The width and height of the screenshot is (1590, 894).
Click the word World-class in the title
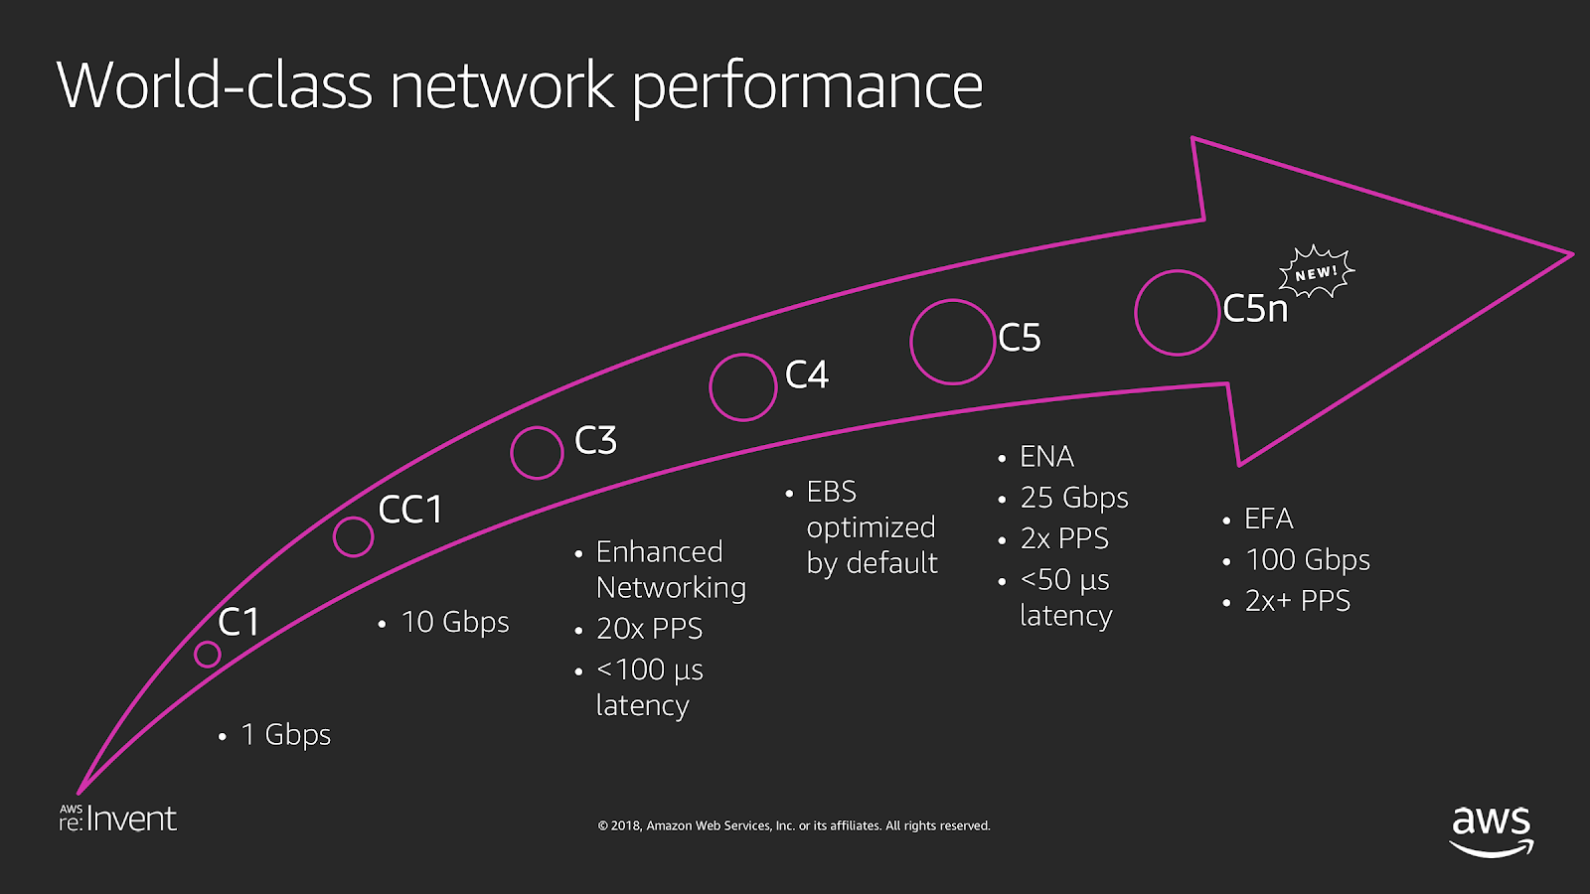point(214,85)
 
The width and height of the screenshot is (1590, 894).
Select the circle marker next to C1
point(208,654)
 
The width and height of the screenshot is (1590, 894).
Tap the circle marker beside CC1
point(353,536)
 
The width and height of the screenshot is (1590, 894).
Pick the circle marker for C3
point(537,453)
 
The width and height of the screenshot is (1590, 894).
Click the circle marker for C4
point(742,387)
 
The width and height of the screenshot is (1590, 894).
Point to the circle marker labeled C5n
point(1178,313)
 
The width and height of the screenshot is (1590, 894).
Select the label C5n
point(1255,309)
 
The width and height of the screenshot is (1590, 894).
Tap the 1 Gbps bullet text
point(285,735)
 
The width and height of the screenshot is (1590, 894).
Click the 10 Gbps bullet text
point(455,623)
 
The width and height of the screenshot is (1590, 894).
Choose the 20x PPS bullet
point(649,629)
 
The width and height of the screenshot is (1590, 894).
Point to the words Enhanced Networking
point(670,569)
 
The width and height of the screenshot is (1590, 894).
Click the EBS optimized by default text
point(871,527)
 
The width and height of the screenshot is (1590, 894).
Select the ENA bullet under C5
point(1046,457)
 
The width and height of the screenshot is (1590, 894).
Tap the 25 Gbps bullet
point(1074,498)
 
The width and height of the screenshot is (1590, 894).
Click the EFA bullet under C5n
point(1268,519)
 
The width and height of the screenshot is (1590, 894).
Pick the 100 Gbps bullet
point(1307,560)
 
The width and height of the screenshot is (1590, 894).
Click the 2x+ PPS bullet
point(1297,601)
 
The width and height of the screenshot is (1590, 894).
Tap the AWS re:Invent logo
point(117,819)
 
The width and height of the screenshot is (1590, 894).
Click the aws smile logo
point(1492,830)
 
